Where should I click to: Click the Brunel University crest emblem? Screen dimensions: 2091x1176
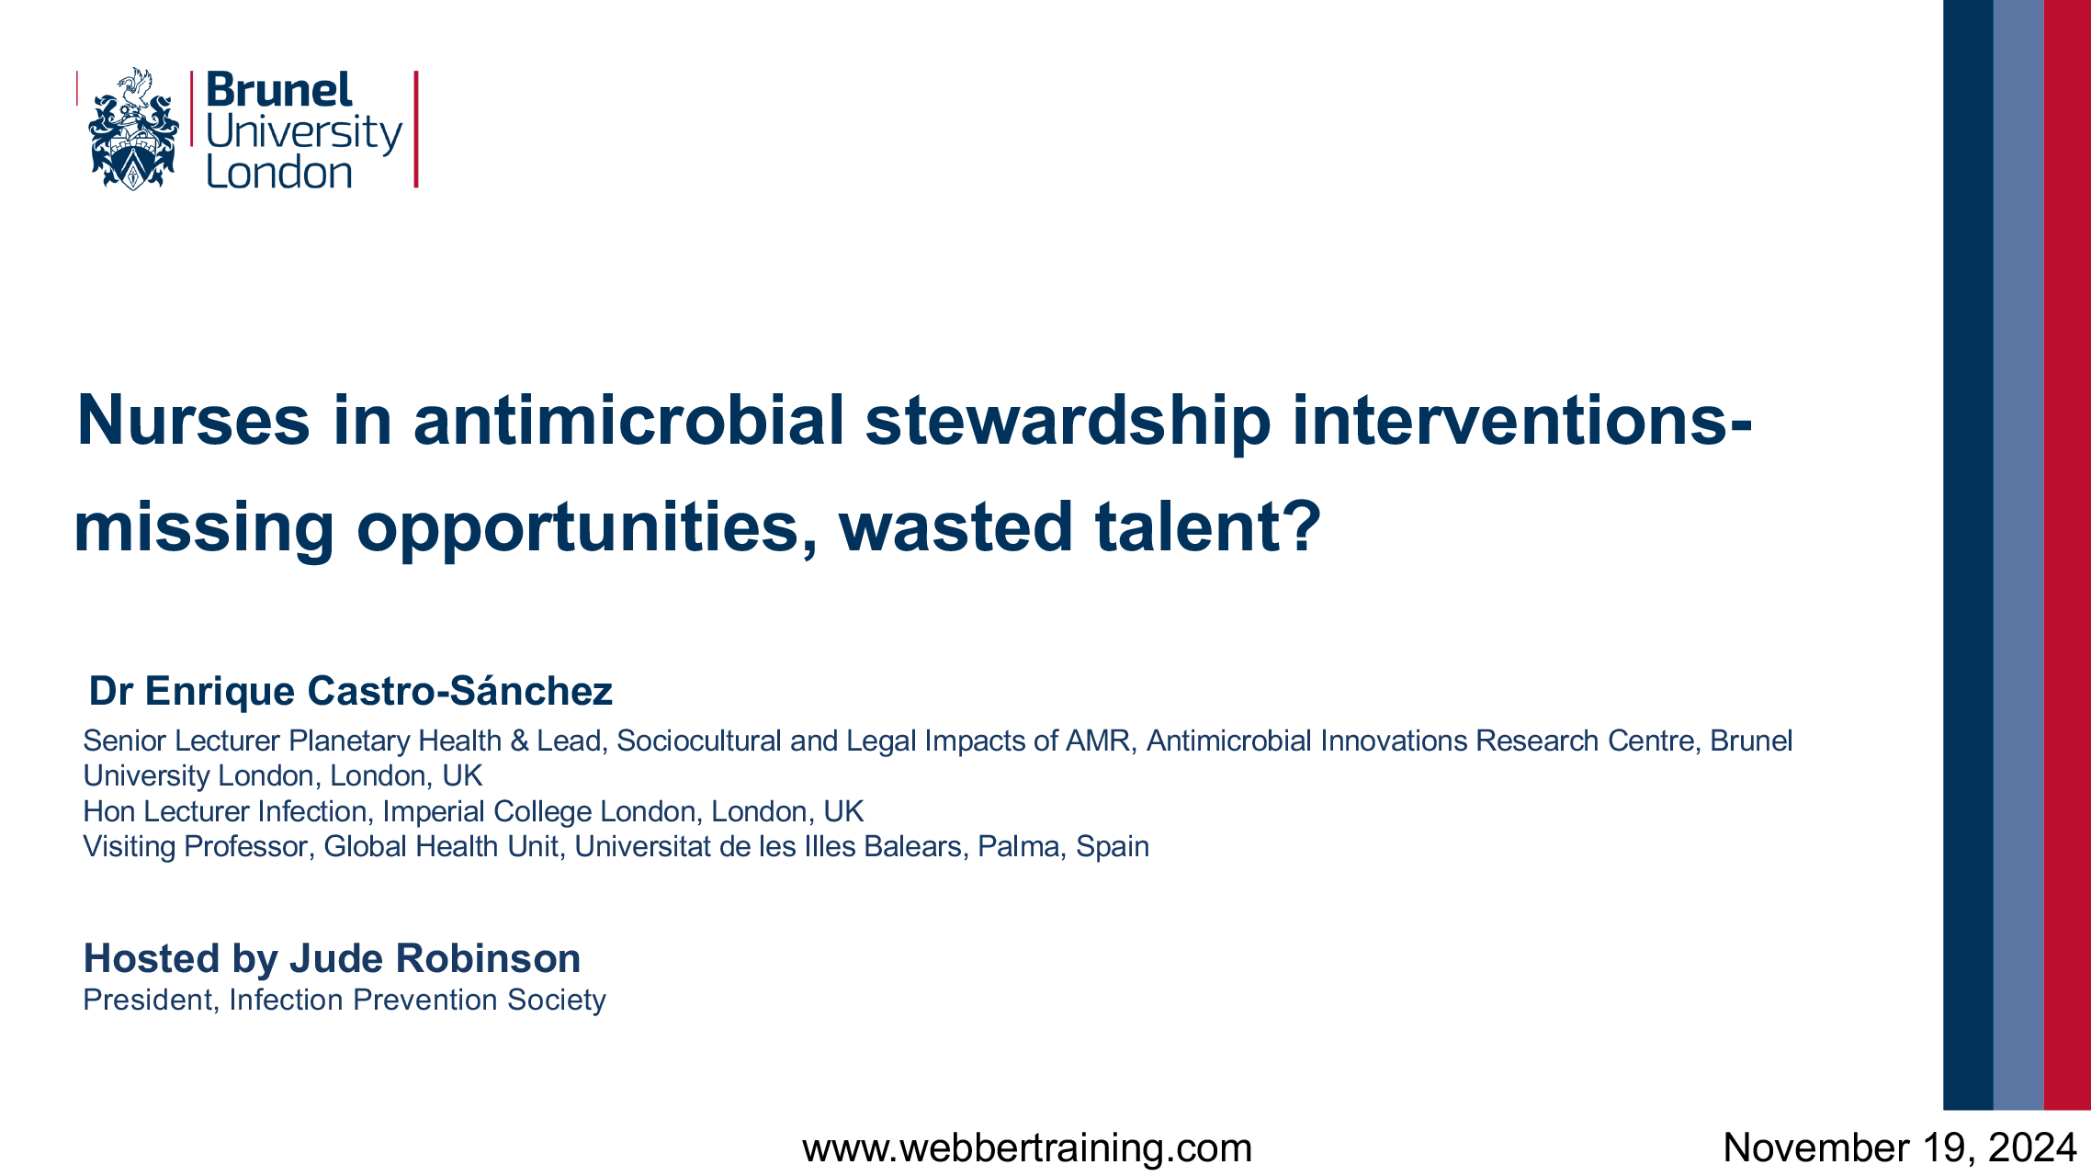[x=133, y=129]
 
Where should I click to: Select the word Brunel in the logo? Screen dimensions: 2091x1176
[x=279, y=90]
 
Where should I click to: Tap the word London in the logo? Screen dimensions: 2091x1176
[x=279, y=172]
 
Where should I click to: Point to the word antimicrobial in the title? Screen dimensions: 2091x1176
[x=628, y=421]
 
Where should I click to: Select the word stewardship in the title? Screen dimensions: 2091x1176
[x=1068, y=423]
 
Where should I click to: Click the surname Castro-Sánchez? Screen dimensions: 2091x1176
[x=459, y=691]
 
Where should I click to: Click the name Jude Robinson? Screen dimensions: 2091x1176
[x=435, y=958]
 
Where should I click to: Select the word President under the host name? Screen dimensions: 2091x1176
[x=148, y=1000]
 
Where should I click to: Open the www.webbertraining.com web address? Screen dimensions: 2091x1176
[x=1027, y=1148]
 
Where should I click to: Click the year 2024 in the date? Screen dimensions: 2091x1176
[x=2032, y=1148]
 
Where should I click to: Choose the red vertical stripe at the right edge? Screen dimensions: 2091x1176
[x=2067, y=555]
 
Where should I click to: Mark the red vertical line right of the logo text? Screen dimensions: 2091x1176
[x=416, y=130]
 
